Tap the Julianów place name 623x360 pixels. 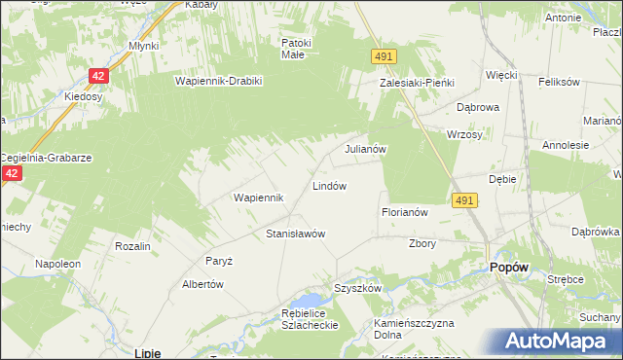pos(367,150)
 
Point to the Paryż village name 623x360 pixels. pos(218,261)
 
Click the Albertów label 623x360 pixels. pos(203,284)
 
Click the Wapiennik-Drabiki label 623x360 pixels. pos(219,81)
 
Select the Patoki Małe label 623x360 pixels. pos(296,49)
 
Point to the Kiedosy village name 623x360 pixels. pos(84,97)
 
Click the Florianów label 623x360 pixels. pos(405,211)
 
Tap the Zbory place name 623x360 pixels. pos(422,243)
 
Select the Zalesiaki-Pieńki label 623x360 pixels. pos(417,84)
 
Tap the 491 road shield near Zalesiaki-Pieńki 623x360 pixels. pos(383,58)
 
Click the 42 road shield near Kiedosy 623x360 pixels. pos(99,74)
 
